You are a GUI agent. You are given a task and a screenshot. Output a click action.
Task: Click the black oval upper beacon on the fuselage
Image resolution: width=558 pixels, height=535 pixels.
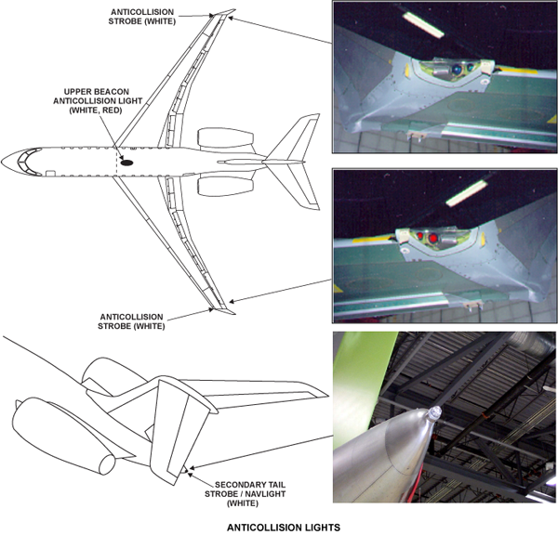126,163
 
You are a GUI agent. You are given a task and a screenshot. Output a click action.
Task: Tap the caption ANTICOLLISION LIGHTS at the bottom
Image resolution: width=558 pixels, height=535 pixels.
284,528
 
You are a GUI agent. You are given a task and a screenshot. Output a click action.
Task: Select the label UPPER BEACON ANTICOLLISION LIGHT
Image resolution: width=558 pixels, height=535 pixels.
98,101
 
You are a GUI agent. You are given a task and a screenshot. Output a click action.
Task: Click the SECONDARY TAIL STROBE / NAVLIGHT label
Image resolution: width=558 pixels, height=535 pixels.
245,494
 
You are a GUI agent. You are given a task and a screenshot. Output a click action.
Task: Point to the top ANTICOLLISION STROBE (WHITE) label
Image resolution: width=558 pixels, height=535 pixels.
142,17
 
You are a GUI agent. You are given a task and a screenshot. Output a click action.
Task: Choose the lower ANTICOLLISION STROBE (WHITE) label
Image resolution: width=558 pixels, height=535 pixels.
131,321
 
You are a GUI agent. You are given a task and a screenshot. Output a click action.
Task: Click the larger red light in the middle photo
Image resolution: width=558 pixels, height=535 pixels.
432,238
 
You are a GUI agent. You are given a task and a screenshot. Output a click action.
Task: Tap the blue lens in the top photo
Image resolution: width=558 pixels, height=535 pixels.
457,70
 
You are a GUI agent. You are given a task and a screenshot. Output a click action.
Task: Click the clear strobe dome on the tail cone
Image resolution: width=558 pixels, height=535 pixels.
434,412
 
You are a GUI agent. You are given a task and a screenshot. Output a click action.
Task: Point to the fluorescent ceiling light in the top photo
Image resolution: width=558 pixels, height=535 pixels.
423,24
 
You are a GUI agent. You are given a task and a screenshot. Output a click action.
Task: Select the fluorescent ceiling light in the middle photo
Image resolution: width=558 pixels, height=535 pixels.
467,193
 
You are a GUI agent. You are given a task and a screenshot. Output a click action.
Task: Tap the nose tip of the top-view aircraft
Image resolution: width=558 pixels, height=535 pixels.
2,163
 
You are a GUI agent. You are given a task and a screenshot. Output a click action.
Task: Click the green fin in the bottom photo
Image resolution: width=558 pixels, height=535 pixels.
359,381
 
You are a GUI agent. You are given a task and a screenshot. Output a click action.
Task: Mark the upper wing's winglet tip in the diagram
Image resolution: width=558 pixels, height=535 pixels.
235,9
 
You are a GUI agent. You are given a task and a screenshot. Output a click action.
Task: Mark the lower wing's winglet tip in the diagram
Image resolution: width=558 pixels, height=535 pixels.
235,314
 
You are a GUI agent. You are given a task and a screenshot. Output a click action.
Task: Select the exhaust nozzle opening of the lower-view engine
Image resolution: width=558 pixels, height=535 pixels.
107,464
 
